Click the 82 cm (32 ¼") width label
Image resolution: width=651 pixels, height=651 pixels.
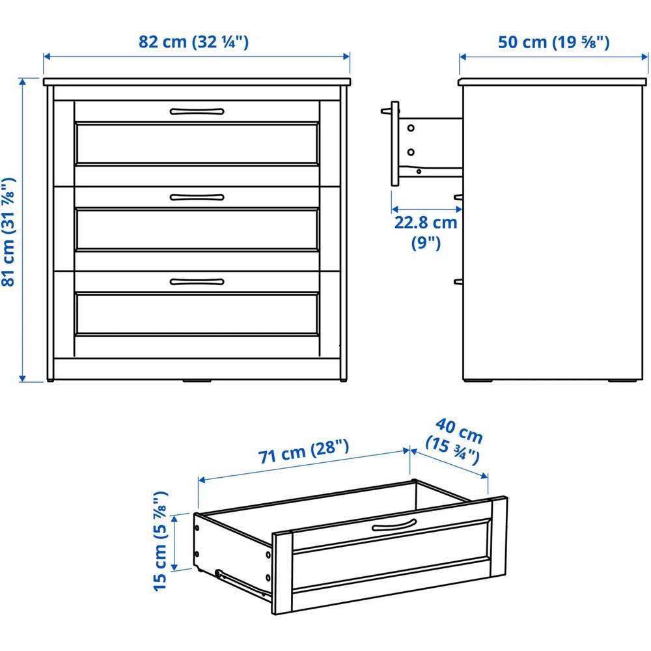[x=193, y=42]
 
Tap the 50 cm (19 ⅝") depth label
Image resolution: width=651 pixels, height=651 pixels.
[x=553, y=42]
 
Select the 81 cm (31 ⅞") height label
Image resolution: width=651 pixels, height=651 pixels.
[x=8, y=232]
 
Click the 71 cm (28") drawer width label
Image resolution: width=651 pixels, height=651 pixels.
[x=303, y=451]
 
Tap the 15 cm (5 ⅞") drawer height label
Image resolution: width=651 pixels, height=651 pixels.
[x=161, y=541]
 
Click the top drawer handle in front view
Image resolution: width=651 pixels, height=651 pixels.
[x=197, y=111]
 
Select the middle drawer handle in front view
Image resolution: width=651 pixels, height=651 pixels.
[x=197, y=197]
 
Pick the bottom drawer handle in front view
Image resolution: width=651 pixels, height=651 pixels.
[x=197, y=282]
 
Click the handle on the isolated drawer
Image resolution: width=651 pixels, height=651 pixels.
[x=394, y=525]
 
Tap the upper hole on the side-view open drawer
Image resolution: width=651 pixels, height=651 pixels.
[x=411, y=128]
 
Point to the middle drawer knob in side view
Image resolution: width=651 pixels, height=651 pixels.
[x=458, y=197]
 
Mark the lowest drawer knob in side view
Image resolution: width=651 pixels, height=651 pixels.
[x=458, y=282]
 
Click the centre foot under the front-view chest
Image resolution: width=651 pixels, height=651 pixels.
[x=197, y=380]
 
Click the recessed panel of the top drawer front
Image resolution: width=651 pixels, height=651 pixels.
[x=197, y=143]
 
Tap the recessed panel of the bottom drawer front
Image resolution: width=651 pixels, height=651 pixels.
[x=197, y=314]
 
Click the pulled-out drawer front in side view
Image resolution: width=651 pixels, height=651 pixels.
[x=395, y=143]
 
